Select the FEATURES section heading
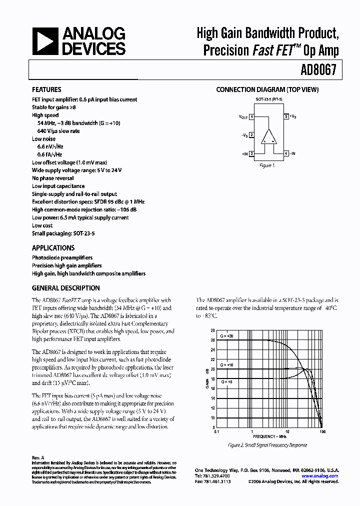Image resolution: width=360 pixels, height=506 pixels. tap(47, 90)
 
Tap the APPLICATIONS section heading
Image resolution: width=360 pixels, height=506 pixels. tap(53, 248)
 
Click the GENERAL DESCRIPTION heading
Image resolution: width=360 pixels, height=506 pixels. tap(65, 288)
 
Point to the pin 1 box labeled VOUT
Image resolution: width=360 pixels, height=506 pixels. tap(252, 116)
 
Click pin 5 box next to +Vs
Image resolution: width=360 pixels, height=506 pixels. tap(286, 116)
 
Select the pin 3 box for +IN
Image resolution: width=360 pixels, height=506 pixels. tap(252, 153)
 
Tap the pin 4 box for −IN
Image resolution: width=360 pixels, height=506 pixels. tap(286, 153)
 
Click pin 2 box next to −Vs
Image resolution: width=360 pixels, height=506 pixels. tap(252, 135)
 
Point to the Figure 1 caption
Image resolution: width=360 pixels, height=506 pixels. tap(266, 165)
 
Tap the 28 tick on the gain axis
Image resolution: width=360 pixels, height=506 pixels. tap(212, 330)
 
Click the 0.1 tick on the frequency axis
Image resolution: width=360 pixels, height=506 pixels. tap(216, 431)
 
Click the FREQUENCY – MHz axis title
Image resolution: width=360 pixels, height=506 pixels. tap(269, 436)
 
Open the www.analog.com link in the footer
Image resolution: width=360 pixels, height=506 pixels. tap(320, 476)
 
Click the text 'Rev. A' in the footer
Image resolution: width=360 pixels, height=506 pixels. tap(38, 457)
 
